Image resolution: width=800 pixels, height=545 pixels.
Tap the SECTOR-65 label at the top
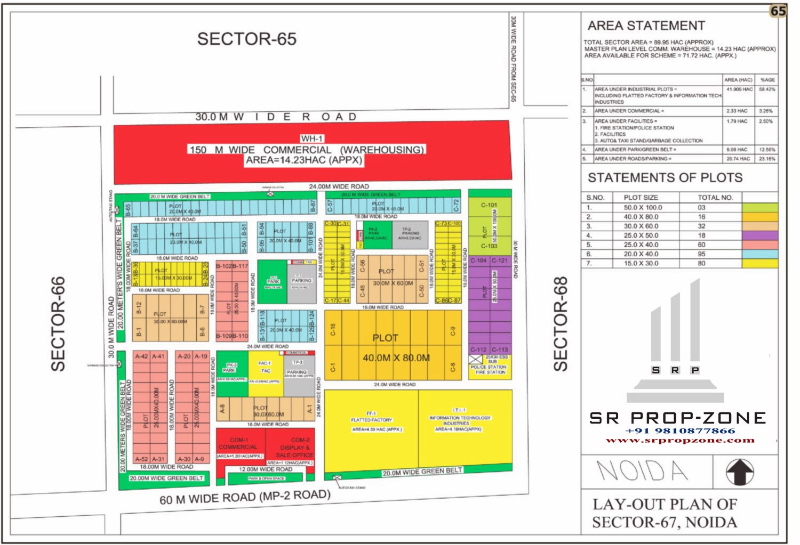click(x=246, y=39)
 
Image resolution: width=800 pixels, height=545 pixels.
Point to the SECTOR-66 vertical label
click(x=58, y=323)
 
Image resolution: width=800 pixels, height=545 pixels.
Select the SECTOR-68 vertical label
click(x=561, y=323)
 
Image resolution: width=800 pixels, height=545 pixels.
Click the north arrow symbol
click(x=740, y=471)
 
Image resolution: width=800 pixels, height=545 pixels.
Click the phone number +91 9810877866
click(x=680, y=430)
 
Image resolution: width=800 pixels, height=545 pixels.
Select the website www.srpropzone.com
click(x=680, y=440)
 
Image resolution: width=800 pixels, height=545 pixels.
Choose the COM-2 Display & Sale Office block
click(x=293, y=448)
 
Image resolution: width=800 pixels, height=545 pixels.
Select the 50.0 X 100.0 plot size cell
click(x=643, y=207)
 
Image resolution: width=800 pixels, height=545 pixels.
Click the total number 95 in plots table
click(x=701, y=254)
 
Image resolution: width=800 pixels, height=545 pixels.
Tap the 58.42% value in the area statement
click(x=767, y=90)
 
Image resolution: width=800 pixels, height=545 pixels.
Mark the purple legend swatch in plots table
click(x=759, y=235)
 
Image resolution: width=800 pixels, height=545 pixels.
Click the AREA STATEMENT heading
click(x=646, y=26)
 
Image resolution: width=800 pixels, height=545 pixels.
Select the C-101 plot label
click(x=489, y=205)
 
